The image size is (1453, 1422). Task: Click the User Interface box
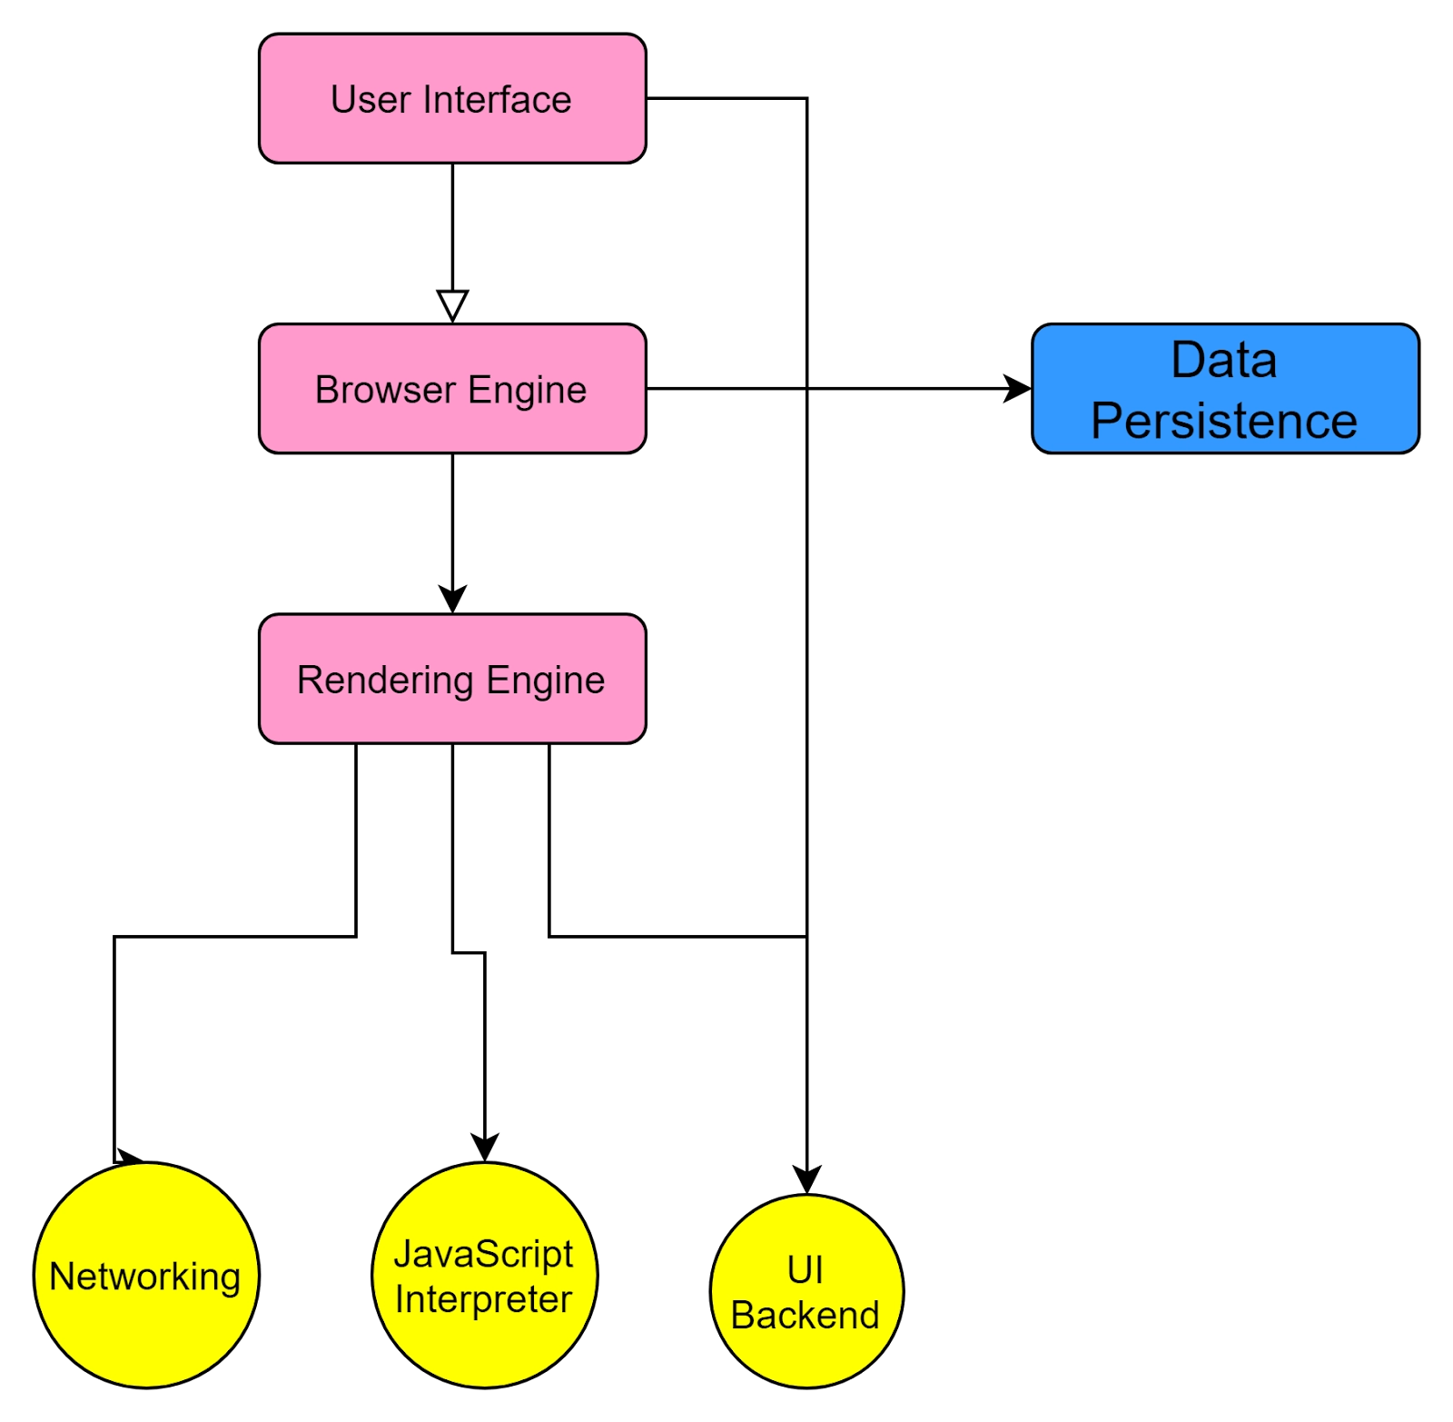click(x=452, y=98)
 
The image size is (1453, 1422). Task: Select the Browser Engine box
click(x=452, y=389)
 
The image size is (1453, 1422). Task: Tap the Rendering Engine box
click(x=452, y=680)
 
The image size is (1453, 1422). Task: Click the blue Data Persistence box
click(x=1225, y=389)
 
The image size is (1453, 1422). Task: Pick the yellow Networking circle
click(x=146, y=1275)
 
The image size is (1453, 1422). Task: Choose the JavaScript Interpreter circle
click(x=484, y=1275)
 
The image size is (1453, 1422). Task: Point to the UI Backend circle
click(x=806, y=1291)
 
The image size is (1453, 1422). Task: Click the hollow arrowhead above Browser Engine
click(x=452, y=304)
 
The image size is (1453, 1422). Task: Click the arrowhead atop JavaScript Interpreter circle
click(x=485, y=1147)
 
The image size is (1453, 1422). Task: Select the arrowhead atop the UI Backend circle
click(x=806, y=1178)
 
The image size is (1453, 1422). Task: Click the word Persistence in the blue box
click(x=1223, y=422)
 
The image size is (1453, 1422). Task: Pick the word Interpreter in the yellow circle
click(x=483, y=1299)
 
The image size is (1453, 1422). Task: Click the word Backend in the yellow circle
click(x=805, y=1315)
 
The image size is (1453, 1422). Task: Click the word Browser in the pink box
click(x=385, y=390)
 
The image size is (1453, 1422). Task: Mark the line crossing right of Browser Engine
click(x=806, y=389)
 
